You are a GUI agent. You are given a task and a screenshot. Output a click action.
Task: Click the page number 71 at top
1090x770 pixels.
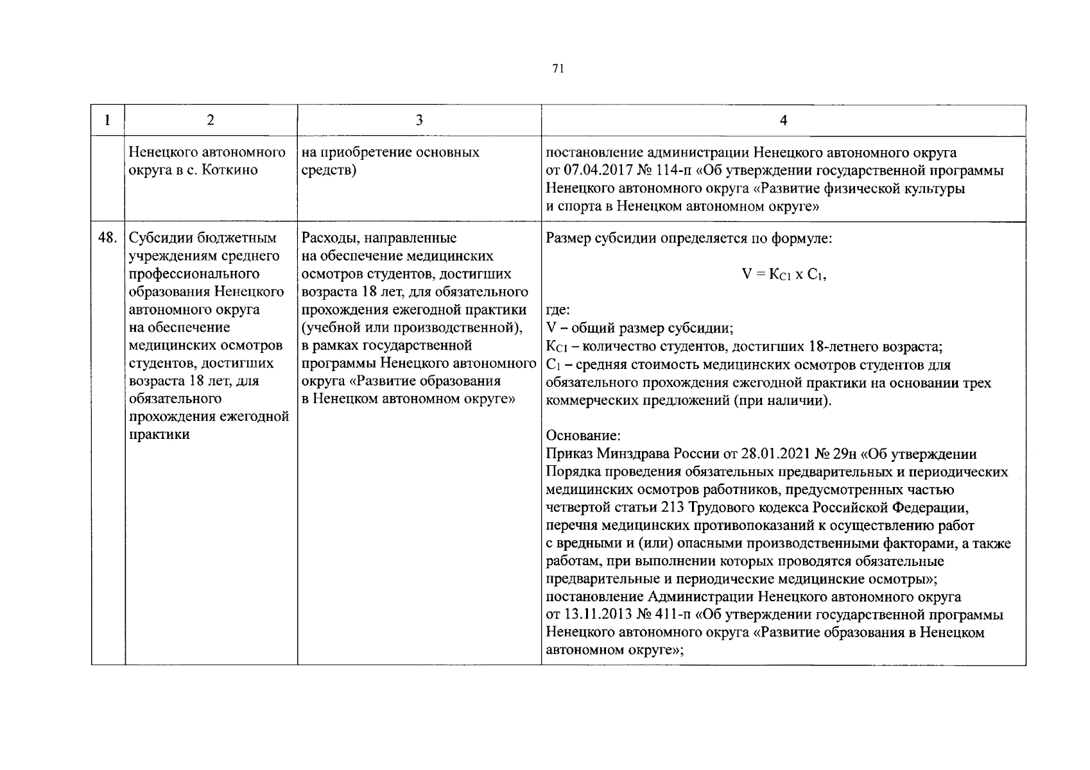click(558, 69)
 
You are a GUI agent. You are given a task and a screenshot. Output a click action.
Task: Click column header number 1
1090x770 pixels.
click(107, 120)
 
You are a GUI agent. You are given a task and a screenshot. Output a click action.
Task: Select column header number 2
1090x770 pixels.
click(211, 120)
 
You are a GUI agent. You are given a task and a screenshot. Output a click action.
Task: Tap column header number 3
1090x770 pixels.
click(419, 120)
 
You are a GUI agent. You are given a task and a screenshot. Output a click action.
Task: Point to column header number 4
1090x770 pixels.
click(783, 120)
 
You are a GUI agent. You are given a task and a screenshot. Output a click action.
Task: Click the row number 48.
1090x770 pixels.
click(107, 238)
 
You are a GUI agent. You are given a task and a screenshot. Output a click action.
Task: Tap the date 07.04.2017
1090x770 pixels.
click(596, 171)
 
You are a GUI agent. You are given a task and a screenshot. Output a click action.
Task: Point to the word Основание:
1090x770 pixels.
click(584, 436)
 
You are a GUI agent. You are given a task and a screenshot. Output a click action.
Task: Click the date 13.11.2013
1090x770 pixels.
click(596, 615)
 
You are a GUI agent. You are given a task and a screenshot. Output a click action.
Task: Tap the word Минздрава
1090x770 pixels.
click(633, 454)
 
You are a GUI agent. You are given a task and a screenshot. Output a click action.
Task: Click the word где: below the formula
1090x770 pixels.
click(558, 311)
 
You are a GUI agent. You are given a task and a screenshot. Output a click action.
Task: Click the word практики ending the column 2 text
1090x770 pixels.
click(159, 434)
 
